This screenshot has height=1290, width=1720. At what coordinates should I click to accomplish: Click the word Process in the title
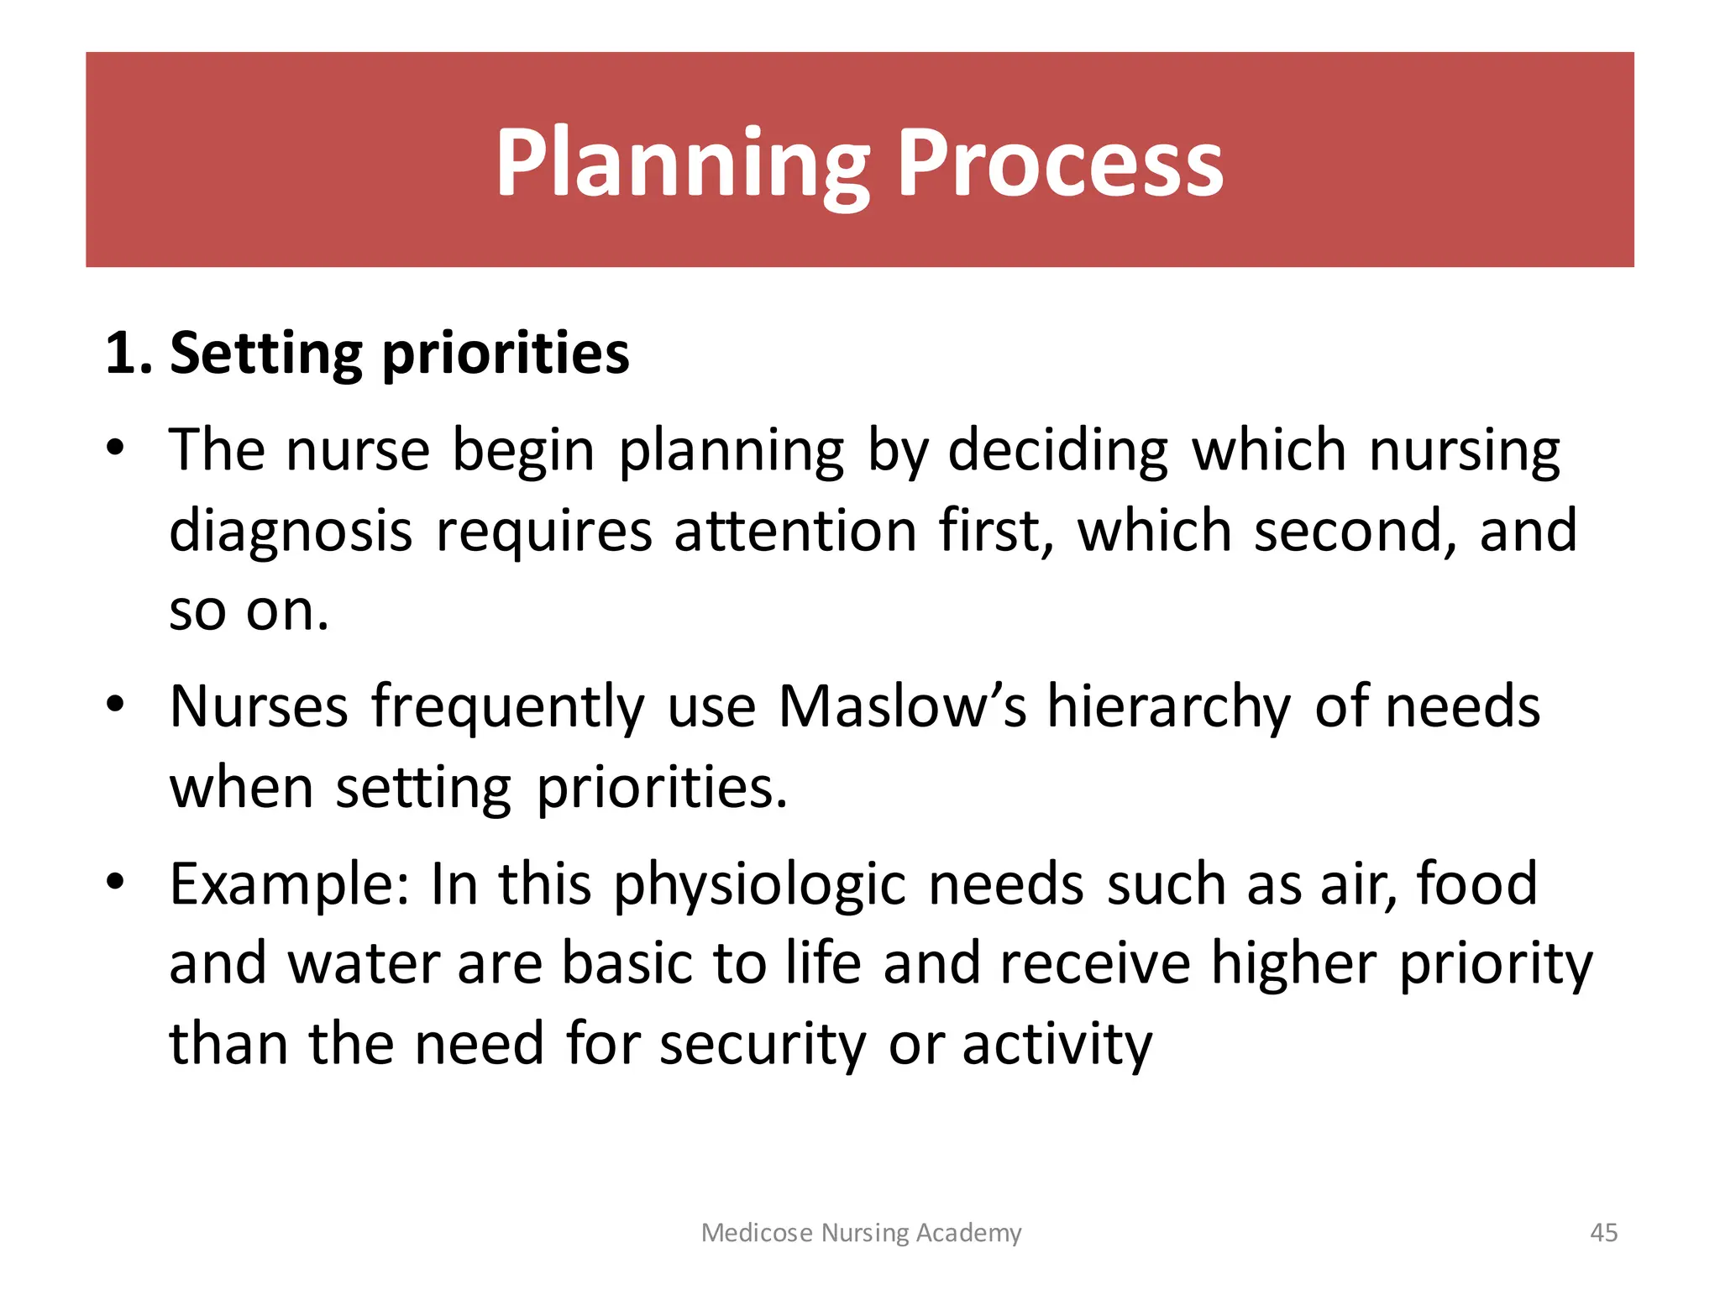click(1060, 164)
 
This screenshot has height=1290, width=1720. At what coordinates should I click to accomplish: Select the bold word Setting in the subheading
click(265, 354)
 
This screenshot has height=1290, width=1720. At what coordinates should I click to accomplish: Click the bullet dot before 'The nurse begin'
click(115, 446)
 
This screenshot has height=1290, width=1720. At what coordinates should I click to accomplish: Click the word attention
click(794, 532)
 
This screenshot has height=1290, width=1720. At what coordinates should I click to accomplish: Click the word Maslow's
click(902, 706)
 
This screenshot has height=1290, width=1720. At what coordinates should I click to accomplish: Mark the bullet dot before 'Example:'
click(115, 881)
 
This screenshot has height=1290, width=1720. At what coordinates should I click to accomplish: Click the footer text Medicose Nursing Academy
click(861, 1232)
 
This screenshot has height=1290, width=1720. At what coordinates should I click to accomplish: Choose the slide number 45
click(1603, 1232)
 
